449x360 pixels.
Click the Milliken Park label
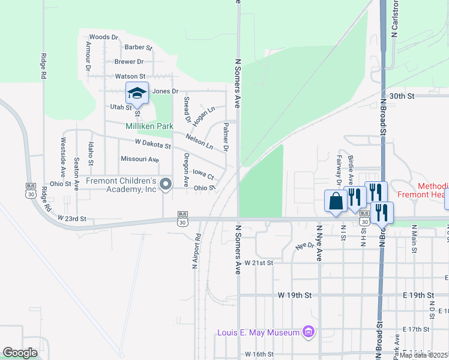pyautogui.click(x=149, y=126)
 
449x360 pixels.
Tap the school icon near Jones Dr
pyautogui.click(x=137, y=94)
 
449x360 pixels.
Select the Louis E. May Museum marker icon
pyautogui.click(x=309, y=331)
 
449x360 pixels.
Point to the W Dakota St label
pyautogui.click(x=153, y=144)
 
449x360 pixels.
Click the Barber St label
pyautogui.click(x=139, y=47)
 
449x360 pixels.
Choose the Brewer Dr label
pyautogui.click(x=129, y=62)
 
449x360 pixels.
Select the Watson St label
pyautogui.click(x=130, y=76)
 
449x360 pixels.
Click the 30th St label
pyautogui.click(x=402, y=96)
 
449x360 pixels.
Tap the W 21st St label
pyautogui.click(x=259, y=263)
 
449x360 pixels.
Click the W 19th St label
pyautogui.click(x=295, y=296)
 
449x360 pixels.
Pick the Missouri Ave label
pyautogui.click(x=139, y=159)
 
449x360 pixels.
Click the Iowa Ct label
pyautogui.click(x=203, y=174)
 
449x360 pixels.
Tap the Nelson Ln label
pyautogui.click(x=199, y=142)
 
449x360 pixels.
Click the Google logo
pyautogui.click(x=20, y=353)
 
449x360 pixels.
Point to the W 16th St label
pyautogui.click(x=259, y=355)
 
